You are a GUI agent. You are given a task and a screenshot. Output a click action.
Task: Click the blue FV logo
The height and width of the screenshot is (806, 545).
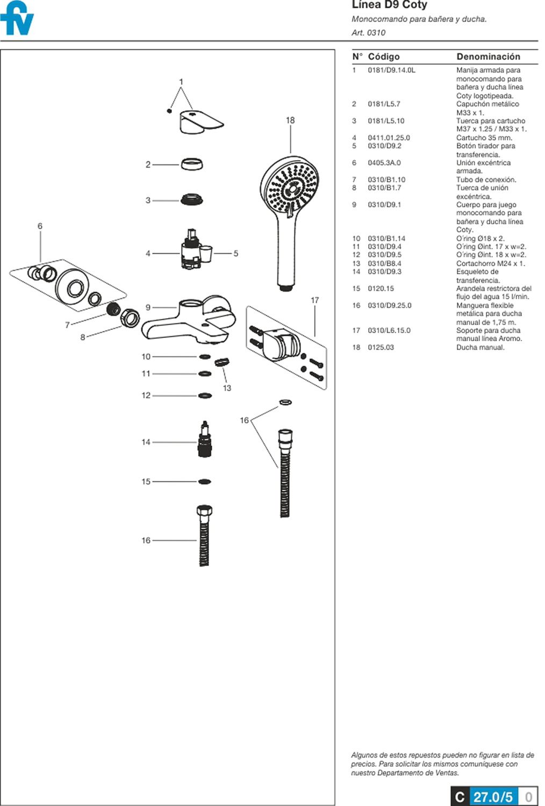17,19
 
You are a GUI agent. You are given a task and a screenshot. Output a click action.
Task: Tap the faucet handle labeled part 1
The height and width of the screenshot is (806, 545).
200,121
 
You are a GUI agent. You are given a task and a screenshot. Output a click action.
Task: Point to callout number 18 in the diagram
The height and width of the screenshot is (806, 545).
290,120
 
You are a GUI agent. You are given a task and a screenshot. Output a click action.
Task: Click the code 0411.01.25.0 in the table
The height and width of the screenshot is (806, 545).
389,138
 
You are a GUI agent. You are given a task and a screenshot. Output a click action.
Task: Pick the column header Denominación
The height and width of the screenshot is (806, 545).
488,56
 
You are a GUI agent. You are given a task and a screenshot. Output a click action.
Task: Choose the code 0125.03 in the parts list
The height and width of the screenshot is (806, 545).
381,347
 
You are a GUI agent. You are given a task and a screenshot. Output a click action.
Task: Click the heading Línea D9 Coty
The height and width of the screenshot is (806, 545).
389,5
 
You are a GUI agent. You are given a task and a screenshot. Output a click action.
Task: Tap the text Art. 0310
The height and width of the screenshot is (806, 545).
368,32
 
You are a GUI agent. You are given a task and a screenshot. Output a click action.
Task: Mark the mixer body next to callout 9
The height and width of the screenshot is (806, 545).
188,320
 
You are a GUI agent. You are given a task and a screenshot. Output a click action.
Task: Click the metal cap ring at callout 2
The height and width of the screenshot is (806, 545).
192,164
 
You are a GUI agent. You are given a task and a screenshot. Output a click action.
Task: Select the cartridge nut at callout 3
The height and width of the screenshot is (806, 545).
192,200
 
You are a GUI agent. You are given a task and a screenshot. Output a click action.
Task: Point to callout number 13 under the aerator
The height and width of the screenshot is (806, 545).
227,388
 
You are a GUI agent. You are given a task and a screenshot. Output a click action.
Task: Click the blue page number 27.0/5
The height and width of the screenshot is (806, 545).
493,796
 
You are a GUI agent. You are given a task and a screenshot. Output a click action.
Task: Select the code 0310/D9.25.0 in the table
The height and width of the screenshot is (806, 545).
389,305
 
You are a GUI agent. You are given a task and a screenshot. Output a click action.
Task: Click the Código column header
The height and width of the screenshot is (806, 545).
384,56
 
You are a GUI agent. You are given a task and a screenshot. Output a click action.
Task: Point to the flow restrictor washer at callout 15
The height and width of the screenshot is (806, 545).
204,481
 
